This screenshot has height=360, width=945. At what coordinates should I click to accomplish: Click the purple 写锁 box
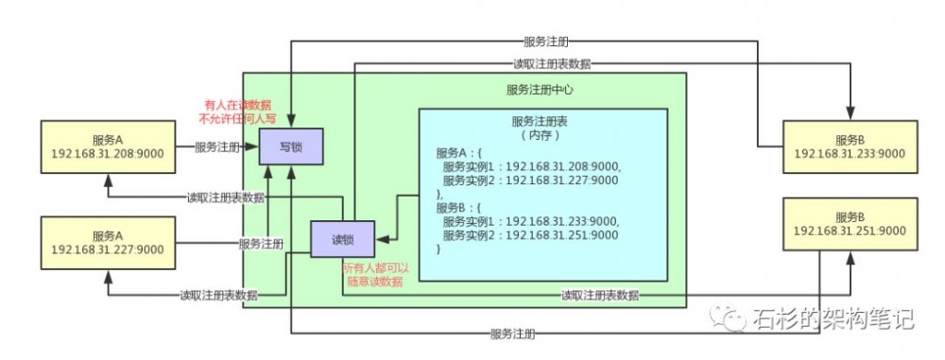coord(292,147)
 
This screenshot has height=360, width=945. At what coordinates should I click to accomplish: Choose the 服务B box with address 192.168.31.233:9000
coord(850,146)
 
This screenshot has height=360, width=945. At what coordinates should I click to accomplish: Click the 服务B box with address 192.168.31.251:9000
coord(850,224)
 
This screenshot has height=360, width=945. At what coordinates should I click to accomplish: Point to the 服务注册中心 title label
coord(540,91)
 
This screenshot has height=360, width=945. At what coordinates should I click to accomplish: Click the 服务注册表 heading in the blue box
coord(541,122)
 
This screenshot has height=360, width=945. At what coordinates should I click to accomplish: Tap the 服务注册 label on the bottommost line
coord(512,334)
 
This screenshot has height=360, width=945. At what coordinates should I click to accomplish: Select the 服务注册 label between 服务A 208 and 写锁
coord(216,147)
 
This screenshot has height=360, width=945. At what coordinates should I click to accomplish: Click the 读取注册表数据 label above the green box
coord(552,64)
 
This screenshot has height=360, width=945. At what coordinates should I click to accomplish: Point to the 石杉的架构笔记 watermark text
coord(832,318)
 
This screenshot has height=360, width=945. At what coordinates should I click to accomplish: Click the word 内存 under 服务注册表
coord(541,135)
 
